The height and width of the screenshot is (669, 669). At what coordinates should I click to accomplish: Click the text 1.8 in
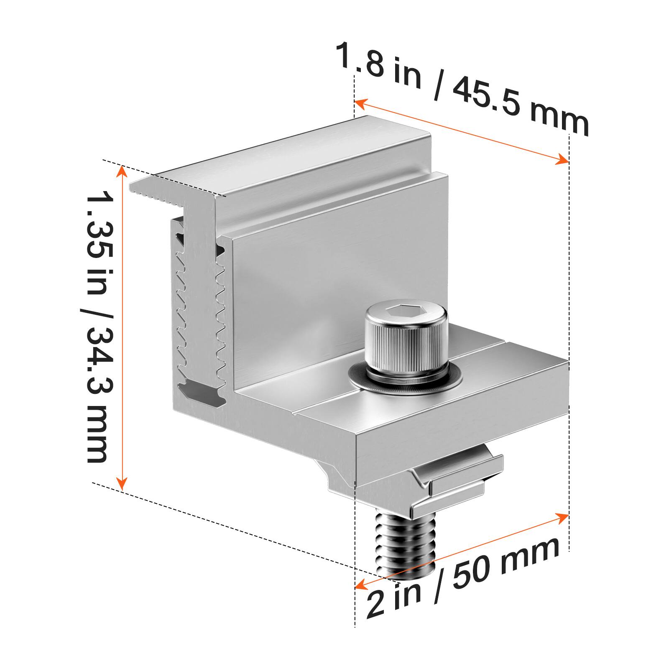point(379,67)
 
